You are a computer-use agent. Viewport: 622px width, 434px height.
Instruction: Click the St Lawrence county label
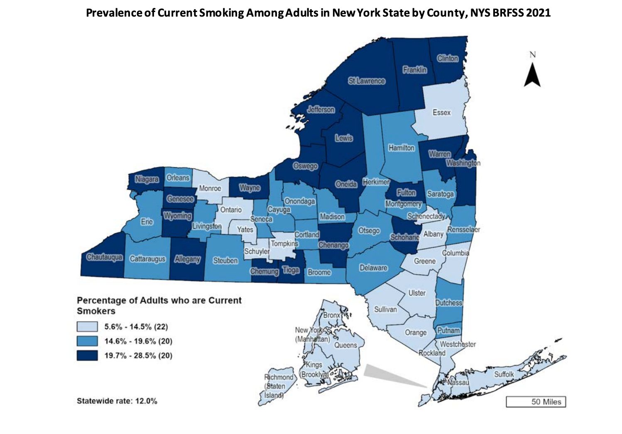click(367, 81)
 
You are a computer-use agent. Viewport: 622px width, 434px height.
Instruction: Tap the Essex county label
click(441, 112)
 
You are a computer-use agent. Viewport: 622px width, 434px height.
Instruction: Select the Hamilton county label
click(401, 148)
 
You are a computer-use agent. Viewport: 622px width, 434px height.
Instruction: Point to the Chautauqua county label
click(104, 257)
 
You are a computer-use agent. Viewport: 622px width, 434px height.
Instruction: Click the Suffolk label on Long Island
click(504, 374)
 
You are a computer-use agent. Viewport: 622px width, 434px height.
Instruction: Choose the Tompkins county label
click(284, 244)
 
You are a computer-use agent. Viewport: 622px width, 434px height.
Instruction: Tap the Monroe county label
click(210, 188)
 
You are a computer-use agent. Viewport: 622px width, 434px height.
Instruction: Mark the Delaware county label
click(373, 268)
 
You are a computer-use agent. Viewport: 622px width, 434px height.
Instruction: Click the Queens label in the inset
click(345, 345)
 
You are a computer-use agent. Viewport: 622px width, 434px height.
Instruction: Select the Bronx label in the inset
click(331, 315)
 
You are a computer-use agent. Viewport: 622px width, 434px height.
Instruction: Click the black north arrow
click(532, 75)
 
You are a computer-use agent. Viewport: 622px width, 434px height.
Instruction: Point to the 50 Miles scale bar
click(536, 402)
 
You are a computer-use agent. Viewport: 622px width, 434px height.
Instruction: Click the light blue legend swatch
click(87, 327)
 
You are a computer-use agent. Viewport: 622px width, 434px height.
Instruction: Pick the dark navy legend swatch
click(87, 356)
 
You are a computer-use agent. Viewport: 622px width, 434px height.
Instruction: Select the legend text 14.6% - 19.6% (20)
click(138, 341)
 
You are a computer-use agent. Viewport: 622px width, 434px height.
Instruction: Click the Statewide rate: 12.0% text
click(117, 401)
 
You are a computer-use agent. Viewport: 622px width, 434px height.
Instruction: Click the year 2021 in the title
click(538, 13)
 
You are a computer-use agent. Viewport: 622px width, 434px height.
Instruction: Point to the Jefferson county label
click(321, 110)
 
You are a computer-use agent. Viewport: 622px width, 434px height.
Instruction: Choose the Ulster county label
click(417, 293)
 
